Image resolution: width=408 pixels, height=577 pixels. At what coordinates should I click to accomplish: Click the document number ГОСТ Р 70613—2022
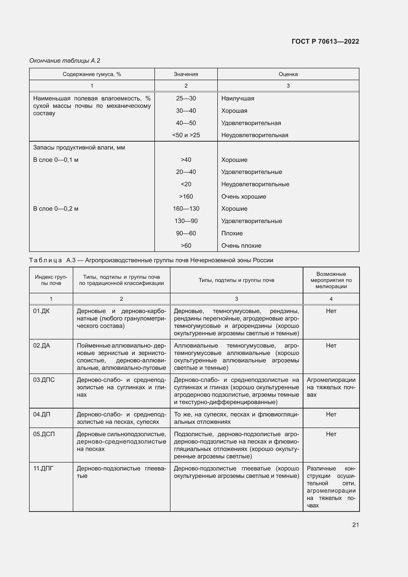click(325, 41)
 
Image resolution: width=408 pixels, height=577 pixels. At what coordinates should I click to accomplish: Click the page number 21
click(355, 525)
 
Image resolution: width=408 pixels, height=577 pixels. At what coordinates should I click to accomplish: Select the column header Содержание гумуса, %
click(92, 74)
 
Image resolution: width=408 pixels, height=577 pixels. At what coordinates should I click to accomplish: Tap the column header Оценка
click(288, 74)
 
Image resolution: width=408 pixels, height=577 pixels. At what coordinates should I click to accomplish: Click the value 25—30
click(186, 98)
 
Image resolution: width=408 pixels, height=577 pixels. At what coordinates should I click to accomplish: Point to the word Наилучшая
click(237, 98)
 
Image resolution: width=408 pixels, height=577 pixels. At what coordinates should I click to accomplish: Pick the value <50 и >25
click(186, 135)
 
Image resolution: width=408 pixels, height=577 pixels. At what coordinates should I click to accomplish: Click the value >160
click(186, 197)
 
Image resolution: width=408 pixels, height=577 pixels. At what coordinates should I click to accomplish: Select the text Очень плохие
click(241, 245)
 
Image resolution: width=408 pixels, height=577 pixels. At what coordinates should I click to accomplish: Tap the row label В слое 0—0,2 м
click(56, 209)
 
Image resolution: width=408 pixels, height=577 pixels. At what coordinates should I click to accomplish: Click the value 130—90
click(186, 221)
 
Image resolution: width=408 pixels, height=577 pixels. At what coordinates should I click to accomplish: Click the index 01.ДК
click(41, 311)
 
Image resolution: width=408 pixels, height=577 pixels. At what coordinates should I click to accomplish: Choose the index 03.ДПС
click(44, 380)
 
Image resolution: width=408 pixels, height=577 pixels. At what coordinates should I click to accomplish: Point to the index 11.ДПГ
click(43, 468)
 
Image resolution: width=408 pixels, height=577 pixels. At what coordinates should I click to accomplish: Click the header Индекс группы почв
click(51, 280)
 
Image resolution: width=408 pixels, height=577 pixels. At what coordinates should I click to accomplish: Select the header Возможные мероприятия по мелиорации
click(331, 280)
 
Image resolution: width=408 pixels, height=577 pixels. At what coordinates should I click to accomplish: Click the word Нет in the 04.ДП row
click(331, 414)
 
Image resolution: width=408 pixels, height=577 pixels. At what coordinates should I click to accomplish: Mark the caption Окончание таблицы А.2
click(65, 61)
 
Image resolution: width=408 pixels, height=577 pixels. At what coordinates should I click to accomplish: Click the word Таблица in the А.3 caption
click(45, 260)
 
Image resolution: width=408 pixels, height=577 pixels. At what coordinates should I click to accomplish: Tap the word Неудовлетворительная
click(255, 135)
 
